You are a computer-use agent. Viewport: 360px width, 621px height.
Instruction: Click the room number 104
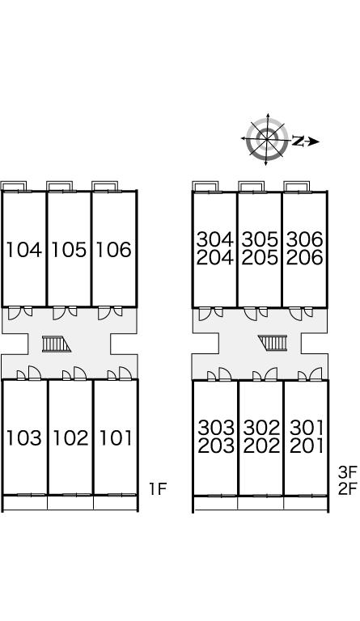pyautogui.click(x=24, y=250)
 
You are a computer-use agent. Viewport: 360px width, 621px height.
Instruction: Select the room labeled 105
pyautogui.click(x=69, y=250)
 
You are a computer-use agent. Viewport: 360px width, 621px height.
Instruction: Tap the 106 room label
pyautogui.click(x=114, y=250)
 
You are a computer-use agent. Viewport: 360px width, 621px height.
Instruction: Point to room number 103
pyautogui.click(x=24, y=437)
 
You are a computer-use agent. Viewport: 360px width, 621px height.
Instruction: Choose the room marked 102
pyautogui.click(x=70, y=437)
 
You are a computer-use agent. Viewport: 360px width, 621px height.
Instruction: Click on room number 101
pyautogui.click(x=116, y=437)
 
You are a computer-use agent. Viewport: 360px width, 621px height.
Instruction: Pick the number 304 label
pyautogui.click(x=215, y=239)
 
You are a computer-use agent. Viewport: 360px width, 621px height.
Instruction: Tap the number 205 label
pyautogui.click(x=260, y=258)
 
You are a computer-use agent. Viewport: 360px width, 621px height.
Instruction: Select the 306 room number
pyautogui.click(x=305, y=239)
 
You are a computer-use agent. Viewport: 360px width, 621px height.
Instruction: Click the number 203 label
pyautogui.click(x=216, y=446)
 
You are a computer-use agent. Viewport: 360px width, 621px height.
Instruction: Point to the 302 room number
pyautogui.click(x=262, y=428)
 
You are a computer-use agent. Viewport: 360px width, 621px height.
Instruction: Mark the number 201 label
pyautogui.click(x=307, y=446)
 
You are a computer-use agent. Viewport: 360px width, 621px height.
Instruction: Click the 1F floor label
pyautogui.click(x=158, y=489)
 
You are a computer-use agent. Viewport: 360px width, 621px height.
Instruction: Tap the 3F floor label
pyautogui.click(x=348, y=471)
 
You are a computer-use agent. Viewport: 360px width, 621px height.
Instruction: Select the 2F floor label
pyautogui.click(x=348, y=489)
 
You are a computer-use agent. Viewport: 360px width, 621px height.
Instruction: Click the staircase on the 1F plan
pyautogui.click(x=57, y=344)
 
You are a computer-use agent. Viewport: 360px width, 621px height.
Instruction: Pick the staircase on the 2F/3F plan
pyautogui.click(x=273, y=343)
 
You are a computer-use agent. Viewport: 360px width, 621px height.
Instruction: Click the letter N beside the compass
pyautogui.click(x=299, y=141)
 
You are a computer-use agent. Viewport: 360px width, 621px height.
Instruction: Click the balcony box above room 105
pyautogui.click(x=59, y=186)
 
